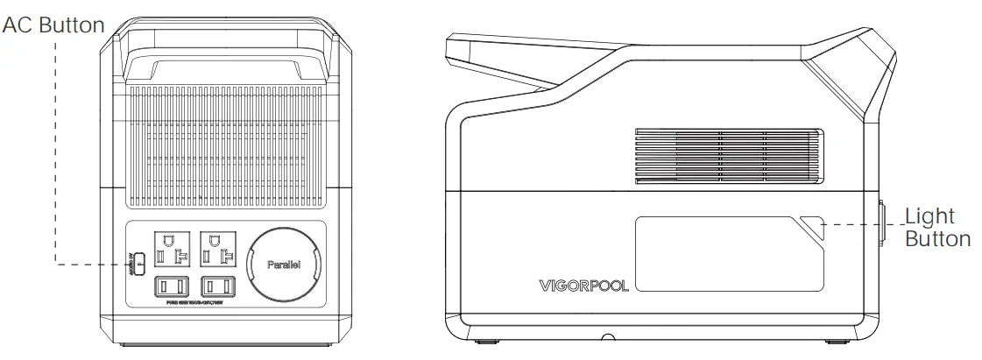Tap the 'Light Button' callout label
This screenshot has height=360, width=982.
click(936, 227)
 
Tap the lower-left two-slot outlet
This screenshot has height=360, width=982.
click(173, 286)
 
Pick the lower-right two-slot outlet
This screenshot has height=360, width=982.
click(218, 286)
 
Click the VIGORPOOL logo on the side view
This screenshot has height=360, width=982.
click(583, 286)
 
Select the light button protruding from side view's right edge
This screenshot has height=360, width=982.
click(882, 225)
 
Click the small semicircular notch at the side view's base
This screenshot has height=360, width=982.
click(606, 336)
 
